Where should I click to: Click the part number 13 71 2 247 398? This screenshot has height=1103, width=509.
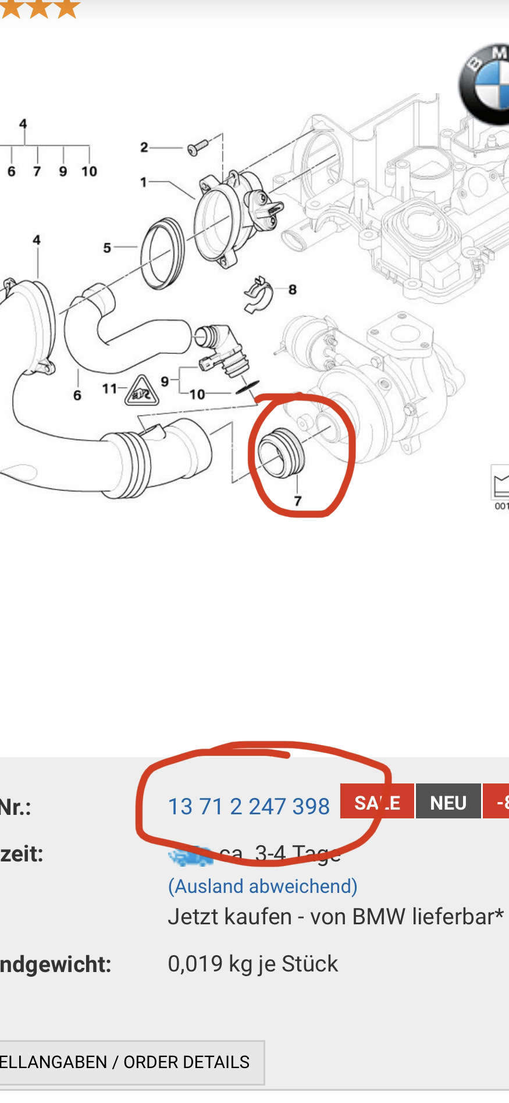pos(248,807)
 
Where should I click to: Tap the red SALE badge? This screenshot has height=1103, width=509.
pos(377,802)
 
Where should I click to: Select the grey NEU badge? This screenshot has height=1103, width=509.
pos(448,802)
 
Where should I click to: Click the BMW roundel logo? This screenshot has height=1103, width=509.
pos(486,84)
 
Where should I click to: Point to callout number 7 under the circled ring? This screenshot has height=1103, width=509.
pos(298,501)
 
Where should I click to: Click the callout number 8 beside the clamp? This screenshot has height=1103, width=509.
pos(292,289)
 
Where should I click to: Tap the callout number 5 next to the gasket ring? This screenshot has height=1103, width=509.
pos(107,248)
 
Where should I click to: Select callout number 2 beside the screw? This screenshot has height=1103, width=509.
pos(144,147)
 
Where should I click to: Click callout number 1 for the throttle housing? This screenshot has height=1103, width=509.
pos(144,182)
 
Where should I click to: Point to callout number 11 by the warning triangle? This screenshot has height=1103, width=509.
pos(109,388)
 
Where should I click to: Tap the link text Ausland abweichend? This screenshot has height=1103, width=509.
pos(263,886)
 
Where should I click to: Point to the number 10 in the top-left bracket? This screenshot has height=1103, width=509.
pos(89,171)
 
